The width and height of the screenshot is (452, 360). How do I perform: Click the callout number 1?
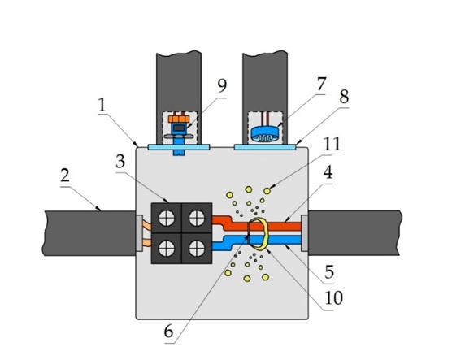pos(102,105)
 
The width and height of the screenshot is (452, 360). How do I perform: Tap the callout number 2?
pos(65,176)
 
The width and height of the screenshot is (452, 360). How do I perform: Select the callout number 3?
pos(120,162)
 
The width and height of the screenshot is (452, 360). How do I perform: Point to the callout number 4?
pos(328,172)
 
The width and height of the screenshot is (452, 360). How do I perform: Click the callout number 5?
pos(329,271)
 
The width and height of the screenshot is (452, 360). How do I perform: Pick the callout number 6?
pos(168,332)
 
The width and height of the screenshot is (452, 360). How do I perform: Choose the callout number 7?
pos(321,84)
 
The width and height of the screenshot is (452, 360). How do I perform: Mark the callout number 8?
pos(344,97)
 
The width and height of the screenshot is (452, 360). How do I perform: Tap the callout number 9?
pos(222,85)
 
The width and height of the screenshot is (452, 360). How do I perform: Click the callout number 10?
pos(333,298)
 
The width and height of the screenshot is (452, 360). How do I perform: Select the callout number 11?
pos(332,144)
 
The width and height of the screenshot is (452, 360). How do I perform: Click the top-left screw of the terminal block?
pos(167,218)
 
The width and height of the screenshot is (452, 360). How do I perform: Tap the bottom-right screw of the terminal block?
pos(197,249)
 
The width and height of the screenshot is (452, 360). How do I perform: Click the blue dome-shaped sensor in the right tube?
pos(264,134)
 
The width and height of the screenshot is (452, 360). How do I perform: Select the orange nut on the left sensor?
pos(179,119)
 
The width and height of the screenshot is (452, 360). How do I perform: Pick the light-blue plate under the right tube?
pos(265,147)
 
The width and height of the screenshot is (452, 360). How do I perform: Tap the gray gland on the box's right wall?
pos(304,233)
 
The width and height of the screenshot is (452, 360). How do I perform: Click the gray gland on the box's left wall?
pos(139,233)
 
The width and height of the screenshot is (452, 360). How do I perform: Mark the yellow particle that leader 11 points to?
pos(267,191)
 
